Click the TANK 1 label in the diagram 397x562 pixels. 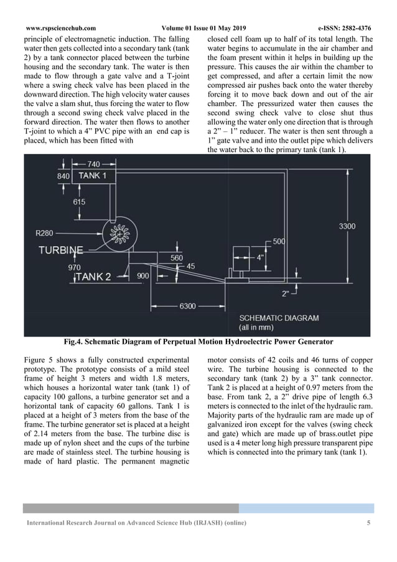[92, 176]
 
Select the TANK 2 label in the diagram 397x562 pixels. [94, 276]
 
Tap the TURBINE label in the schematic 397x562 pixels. [60, 250]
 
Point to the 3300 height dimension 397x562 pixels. [347, 226]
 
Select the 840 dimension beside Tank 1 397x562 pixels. [63, 176]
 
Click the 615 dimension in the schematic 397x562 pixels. [79, 202]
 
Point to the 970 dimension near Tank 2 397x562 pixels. [74, 266]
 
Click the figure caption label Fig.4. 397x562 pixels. [73, 341]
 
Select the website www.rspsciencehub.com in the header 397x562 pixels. [61, 28]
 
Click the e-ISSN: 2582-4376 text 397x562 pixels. [344, 28]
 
